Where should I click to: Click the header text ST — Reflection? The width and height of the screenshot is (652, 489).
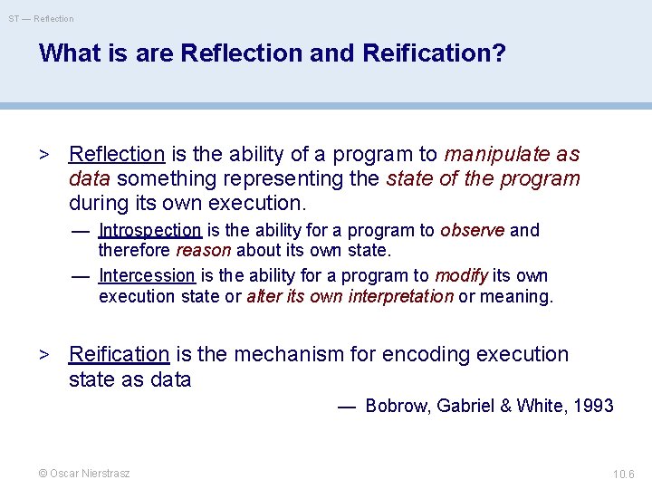(42, 18)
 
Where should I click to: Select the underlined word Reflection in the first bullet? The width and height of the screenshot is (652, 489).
(117, 155)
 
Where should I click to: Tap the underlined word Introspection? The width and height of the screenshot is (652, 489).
(150, 230)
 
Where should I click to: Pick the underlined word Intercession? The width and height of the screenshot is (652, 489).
(147, 275)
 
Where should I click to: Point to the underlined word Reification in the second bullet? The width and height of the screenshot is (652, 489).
(120, 354)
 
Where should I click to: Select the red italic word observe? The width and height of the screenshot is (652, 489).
(473, 230)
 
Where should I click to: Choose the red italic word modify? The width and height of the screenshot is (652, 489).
(461, 275)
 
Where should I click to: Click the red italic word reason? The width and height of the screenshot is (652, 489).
(203, 250)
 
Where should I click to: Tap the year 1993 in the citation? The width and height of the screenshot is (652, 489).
(593, 406)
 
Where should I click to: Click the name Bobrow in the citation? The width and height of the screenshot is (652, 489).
(397, 406)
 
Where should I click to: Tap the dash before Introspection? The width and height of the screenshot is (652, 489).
(81, 230)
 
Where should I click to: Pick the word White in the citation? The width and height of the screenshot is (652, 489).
(540, 406)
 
